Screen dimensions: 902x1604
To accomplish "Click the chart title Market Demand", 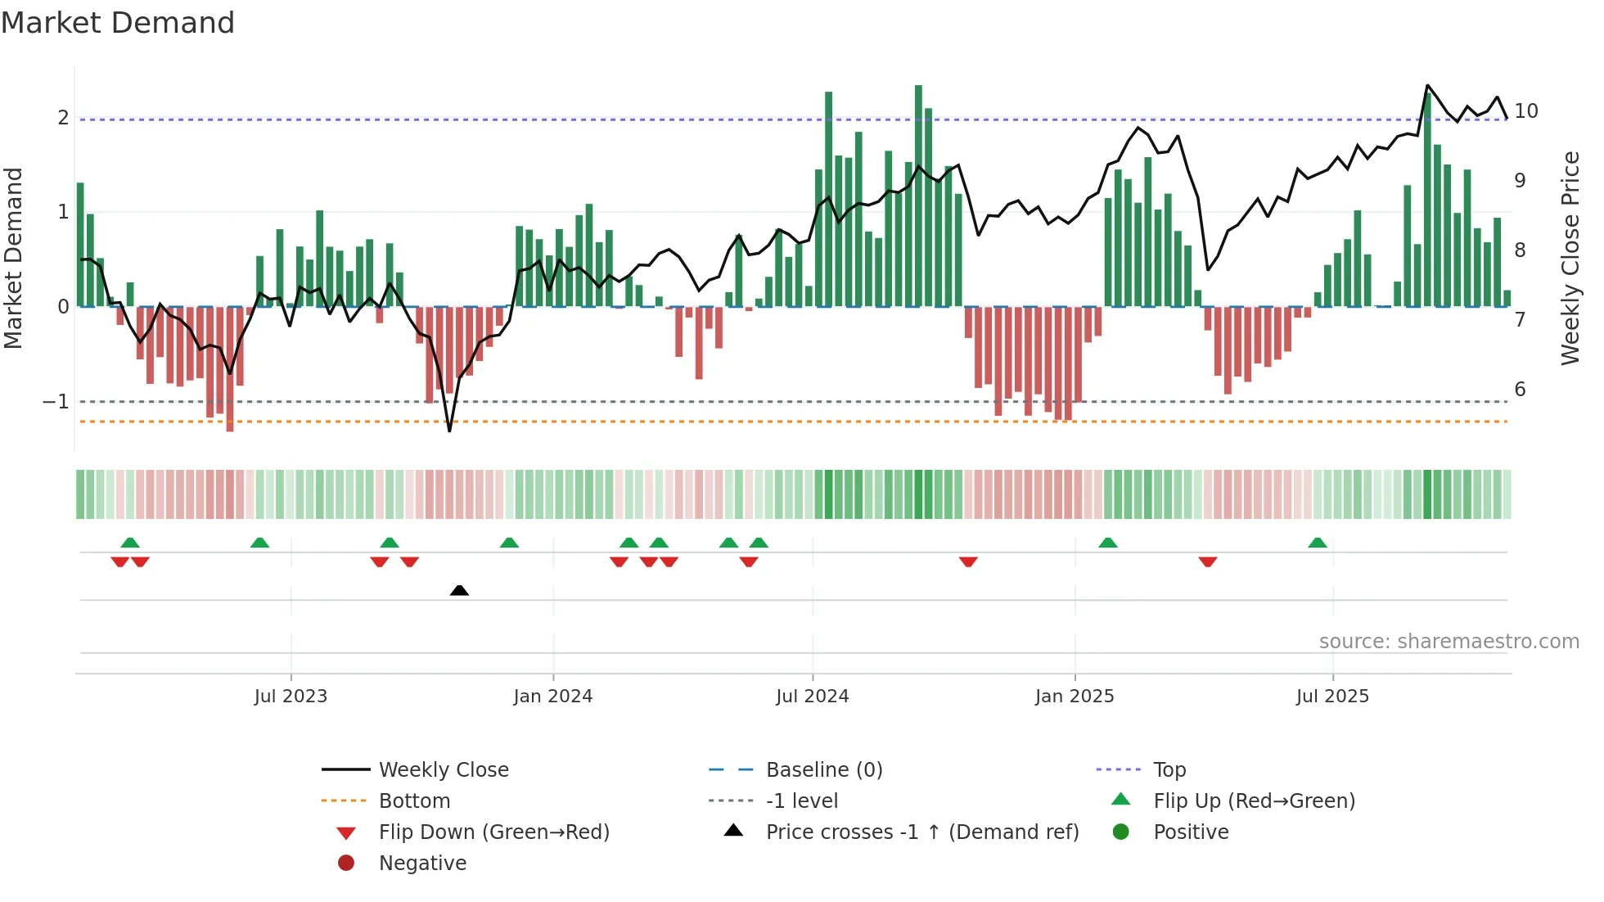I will coord(118,23).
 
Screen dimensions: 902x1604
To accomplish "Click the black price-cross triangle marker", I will coord(459,590).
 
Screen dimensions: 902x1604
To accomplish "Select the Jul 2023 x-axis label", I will coord(291,697).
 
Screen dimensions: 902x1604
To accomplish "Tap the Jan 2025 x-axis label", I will coord(1074,697).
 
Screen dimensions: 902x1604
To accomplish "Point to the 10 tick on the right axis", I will coord(1525,111).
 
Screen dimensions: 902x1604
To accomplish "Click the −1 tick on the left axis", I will coord(56,402).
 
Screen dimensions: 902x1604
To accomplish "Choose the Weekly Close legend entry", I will coord(443,770).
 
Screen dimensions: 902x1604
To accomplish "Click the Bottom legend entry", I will coord(414,801).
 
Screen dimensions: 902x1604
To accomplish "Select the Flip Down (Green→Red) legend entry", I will coord(493,832).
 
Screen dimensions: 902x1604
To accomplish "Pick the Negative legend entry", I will coord(422,864).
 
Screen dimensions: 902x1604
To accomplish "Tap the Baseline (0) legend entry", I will coord(823,770).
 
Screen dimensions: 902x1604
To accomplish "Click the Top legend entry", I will coord(1169,770).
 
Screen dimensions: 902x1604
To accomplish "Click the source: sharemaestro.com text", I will coord(1449,642).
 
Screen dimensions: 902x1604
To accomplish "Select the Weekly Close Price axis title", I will coord(1570,258).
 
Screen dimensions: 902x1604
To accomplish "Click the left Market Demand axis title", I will coord(14,258).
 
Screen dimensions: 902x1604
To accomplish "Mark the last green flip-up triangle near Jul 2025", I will coord(1317,543).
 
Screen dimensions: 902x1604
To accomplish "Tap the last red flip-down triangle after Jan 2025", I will coord(1207,561).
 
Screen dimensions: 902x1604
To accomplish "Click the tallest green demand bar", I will coord(918,196).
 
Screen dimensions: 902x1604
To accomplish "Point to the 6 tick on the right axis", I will coord(1520,390).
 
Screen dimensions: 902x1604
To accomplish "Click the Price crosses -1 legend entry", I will coord(921,832).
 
